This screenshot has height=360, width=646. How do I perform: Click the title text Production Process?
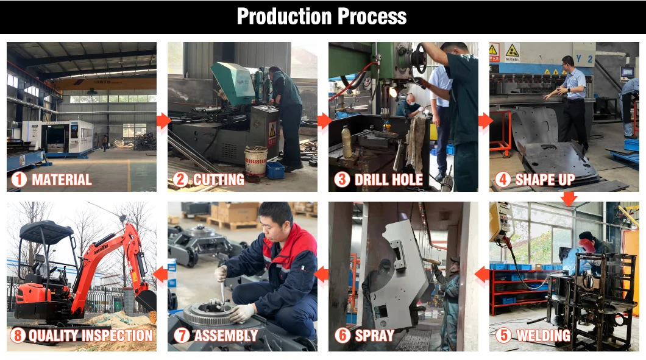[322, 16]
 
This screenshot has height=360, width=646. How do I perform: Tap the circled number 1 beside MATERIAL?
[19, 180]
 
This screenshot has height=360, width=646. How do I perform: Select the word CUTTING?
[219, 180]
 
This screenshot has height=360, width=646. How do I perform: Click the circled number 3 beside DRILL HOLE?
[342, 180]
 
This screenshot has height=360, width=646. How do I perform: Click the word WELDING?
[544, 335]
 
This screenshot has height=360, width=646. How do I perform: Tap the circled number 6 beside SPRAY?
[343, 335]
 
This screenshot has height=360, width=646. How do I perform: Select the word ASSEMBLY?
[225, 335]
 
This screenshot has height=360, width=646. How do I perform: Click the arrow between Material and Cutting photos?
[163, 121]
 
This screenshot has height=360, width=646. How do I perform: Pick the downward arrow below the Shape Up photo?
[569, 199]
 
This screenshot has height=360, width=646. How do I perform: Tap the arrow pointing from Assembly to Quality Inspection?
[160, 275]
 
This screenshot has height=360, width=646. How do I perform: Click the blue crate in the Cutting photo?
[275, 170]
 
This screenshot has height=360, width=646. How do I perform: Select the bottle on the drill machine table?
[347, 142]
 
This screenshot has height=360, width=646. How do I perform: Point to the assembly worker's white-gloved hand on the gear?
[241, 313]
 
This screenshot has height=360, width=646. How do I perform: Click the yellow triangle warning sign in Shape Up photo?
[512, 51]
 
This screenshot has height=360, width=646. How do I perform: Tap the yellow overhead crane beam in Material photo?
[105, 83]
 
